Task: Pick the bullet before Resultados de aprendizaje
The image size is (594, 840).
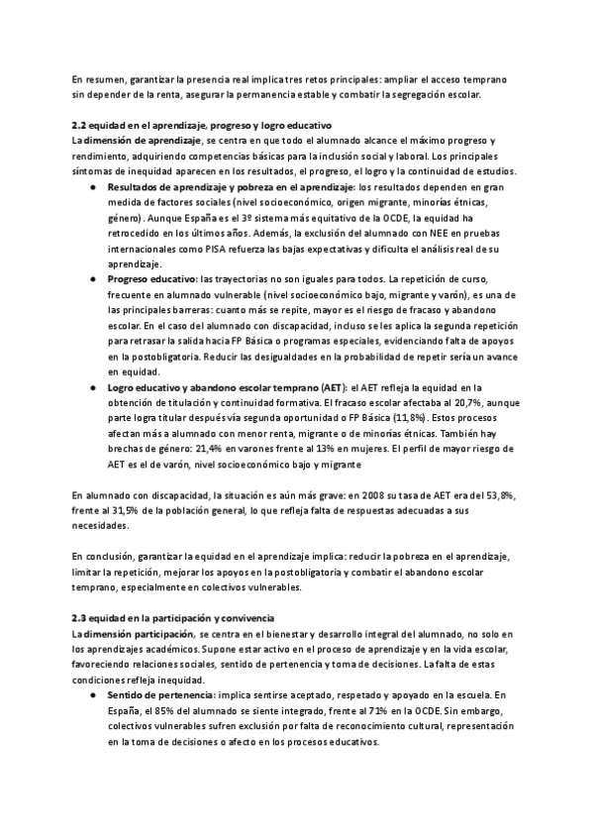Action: (93, 187)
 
